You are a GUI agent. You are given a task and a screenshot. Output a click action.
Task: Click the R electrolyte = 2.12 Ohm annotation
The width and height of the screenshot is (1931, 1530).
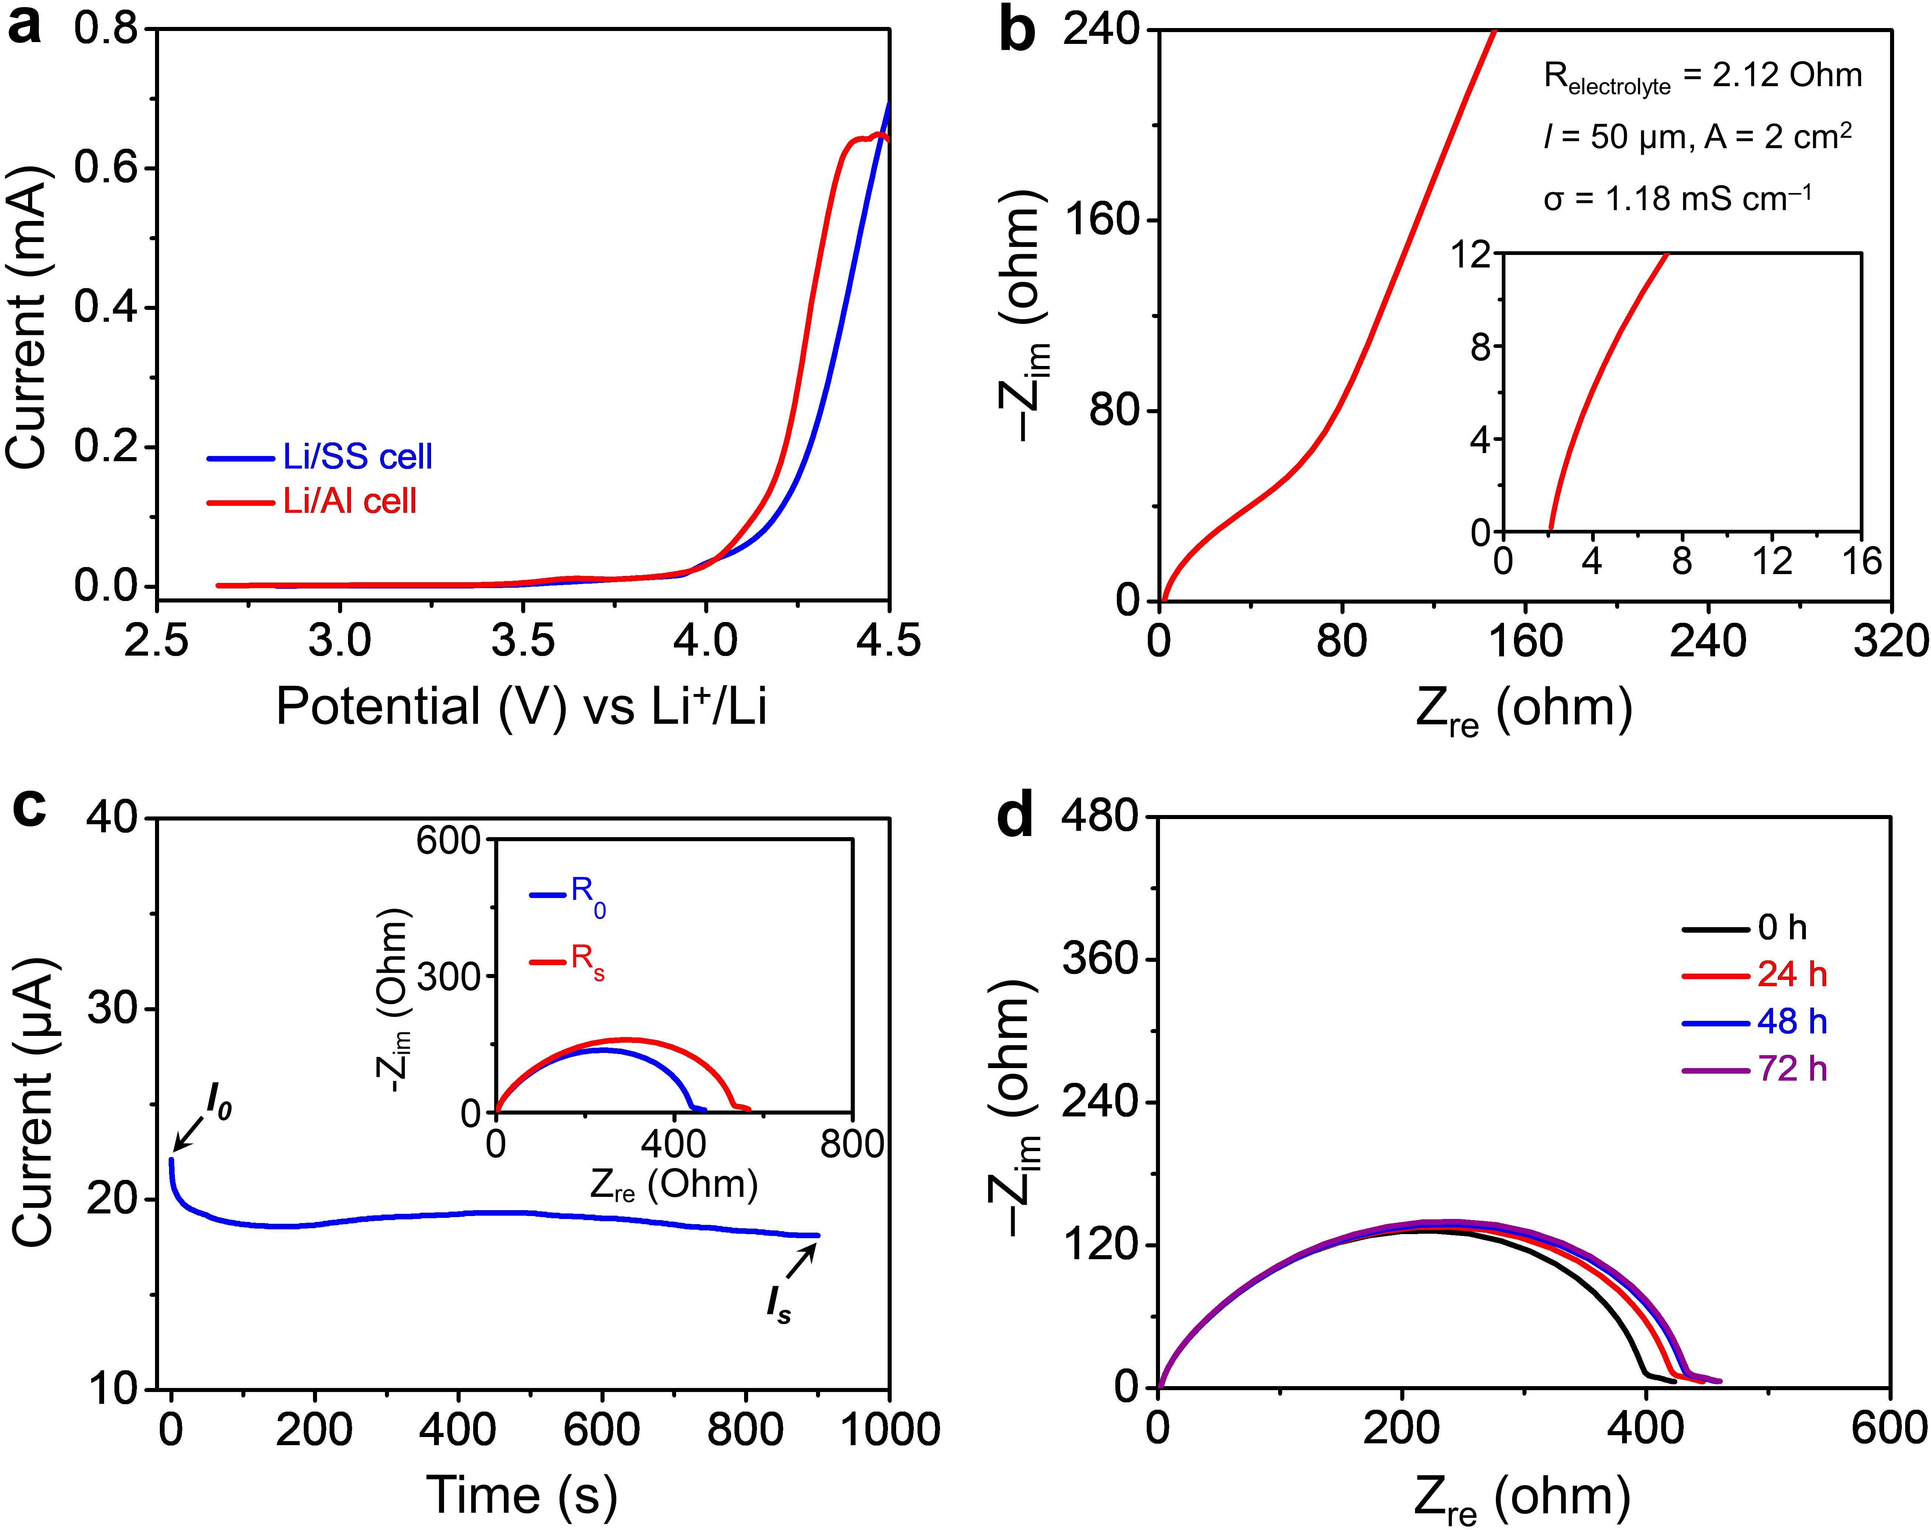pyautogui.click(x=1702, y=77)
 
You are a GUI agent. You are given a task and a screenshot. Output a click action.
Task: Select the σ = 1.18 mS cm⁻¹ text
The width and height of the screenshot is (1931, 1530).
pyautogui.click(x=1677, y=199)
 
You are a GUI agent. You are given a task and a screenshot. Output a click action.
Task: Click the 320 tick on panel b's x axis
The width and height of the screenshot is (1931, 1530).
pyautogui.click(x=1890, y=641)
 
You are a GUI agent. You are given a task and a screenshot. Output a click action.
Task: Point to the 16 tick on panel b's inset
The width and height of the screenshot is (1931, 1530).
pyautogui.click(x=1861, y=561)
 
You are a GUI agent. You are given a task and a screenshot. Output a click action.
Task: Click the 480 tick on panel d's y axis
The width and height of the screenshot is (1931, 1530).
pyautogui.click(x=1100, y=816)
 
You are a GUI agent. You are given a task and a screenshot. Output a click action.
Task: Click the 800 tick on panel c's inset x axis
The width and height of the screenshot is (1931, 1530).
pyautogui.click(x=852, y=1144)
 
